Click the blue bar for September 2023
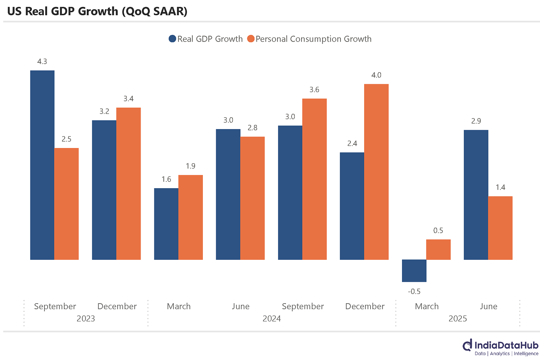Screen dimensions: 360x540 tap(42, 165)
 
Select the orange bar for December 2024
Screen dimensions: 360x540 tap(376, 172)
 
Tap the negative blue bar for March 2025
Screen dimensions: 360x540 tap(414, 271)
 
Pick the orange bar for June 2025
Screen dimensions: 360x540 tap(500, 228)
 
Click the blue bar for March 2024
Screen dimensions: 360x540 tap(166, 224)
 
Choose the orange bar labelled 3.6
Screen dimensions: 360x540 tap(314, 179)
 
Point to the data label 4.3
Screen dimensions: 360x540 tap(42, 62)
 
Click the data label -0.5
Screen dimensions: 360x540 tap(414, 292)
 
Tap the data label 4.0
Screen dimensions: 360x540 tap(376, 75)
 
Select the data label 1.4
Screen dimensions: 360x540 tap(500, 187)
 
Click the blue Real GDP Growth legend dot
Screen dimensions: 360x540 tap(172, 39)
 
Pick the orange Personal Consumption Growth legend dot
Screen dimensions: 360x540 tap(251, 39)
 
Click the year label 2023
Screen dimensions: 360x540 tap(86, 319)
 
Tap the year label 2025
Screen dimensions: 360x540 tap(458, 319)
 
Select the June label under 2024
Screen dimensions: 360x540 tap(241, 307)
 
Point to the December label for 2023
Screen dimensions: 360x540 tap(117, 307)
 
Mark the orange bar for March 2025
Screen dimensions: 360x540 tap(438, 249)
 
